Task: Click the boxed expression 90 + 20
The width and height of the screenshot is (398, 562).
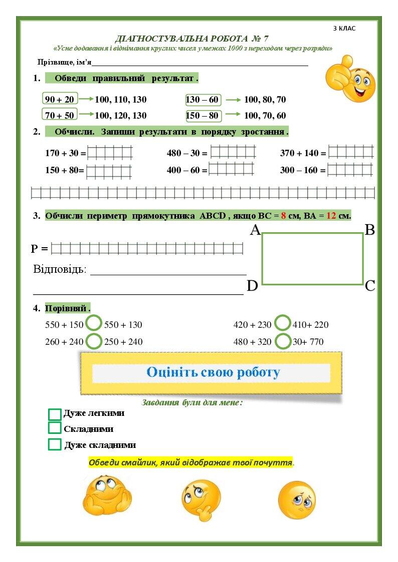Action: point(59,99)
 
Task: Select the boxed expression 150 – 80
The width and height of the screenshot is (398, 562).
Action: point(202,115)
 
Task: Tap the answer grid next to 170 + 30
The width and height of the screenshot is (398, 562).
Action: point(110,153)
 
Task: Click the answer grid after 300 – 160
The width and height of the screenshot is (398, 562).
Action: point(350,170)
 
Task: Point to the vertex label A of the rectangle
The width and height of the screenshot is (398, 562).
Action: point(255,230)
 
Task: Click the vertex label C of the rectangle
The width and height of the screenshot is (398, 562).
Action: point(370,286)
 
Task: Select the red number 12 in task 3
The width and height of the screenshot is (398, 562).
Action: point(331,216)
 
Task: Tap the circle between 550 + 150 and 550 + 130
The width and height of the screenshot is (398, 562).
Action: point(94,323)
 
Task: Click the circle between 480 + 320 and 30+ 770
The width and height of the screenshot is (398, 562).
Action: point(283,341)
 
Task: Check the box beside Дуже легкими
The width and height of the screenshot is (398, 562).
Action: point(55,414)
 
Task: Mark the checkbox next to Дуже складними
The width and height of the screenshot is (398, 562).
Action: point(55,444)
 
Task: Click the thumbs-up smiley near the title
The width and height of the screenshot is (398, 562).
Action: point(350,79)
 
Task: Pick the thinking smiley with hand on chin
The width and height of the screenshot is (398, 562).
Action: point(201,500)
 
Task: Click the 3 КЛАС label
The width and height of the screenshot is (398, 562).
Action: point(344,29)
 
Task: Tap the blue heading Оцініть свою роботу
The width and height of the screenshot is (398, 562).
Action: point(213,372)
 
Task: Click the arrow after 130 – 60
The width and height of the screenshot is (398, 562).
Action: point(233,100)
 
